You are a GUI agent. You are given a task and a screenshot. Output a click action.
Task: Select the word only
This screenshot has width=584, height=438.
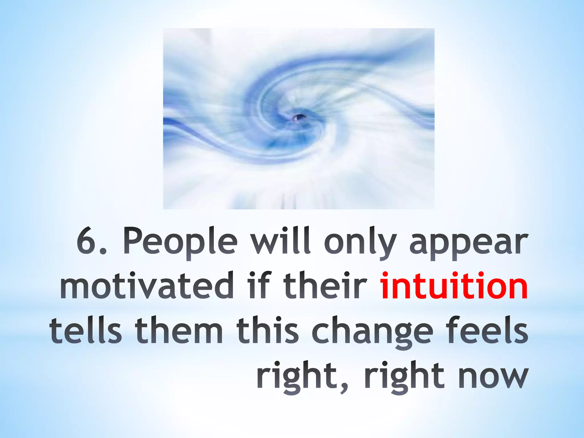tap(360, 244)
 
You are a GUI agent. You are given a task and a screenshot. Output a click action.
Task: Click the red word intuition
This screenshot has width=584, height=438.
tap(453, 285)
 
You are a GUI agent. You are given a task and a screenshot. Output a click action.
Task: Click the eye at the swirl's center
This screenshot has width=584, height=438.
tap(299, 117)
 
